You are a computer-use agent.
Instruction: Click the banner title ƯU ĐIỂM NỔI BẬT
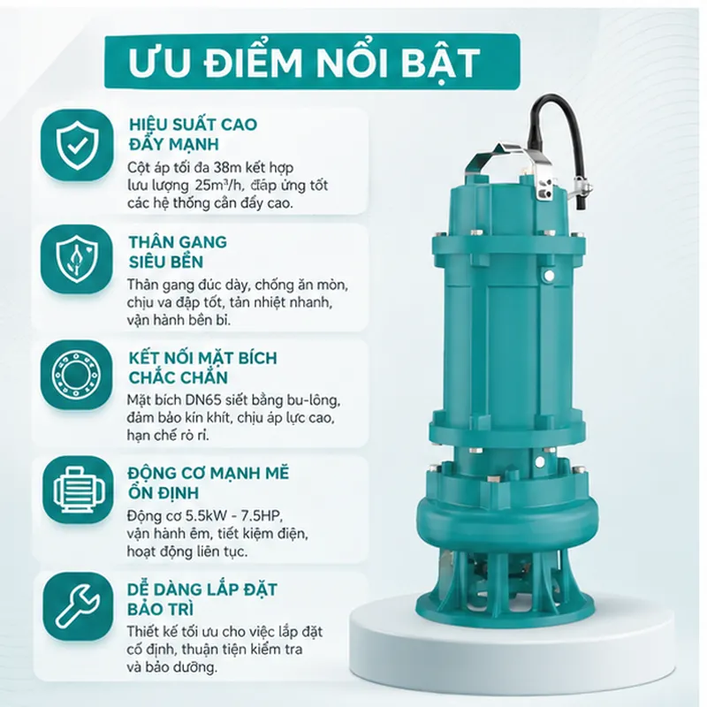coord(304,62)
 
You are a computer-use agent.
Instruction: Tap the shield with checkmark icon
coord(77,145)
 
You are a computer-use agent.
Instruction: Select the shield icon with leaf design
coord(77,259)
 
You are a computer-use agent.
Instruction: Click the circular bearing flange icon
coord(77,374)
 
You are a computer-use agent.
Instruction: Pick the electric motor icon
coord(77,490)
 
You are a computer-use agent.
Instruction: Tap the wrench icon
coord(77,605)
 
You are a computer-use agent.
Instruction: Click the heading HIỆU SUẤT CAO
coord(193,124)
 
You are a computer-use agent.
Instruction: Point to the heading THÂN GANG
coord(178,242)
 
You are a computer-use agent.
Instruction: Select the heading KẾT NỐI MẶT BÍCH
coord(203,357)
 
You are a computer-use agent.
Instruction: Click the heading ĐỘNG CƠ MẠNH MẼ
coord(209,473)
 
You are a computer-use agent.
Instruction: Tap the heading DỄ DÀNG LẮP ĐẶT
coord(202,589)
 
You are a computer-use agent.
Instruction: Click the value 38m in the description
coord(227,168)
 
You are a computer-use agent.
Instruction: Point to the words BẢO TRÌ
coord(161,609)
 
